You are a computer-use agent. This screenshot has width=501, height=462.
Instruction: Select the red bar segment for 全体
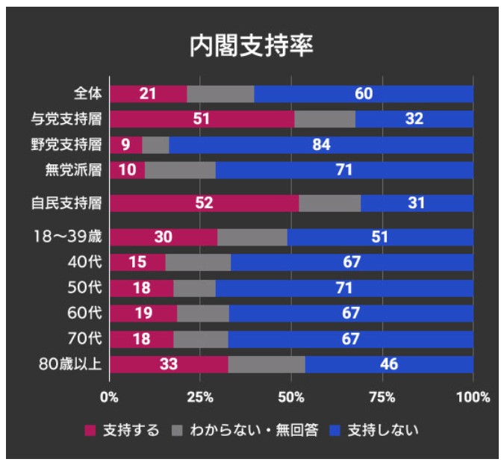[148, 94]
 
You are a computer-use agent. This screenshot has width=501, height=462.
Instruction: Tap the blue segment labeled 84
[321, 145]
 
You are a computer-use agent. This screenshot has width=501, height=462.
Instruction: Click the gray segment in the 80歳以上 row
[267, 365]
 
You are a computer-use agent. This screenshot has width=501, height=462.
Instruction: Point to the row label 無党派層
[72, 170]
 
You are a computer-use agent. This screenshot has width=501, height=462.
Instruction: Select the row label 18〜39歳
[68, 237]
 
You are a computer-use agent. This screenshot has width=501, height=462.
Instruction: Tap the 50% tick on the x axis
[291, 396]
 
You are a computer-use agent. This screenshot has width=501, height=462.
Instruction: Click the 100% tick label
[473, 396]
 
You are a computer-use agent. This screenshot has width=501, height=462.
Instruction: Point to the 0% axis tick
[110, 396]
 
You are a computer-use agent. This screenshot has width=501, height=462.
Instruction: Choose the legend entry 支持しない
[384, 430]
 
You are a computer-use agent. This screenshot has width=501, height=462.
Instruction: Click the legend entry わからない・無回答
[254, 430]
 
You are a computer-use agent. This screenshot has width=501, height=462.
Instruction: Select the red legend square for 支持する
[91, 431]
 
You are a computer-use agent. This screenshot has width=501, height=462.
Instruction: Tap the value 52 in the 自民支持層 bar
[204, 203]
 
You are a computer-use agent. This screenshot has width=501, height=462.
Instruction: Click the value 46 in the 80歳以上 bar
[388, 365]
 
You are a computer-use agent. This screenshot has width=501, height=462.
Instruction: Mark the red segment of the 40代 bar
[137, 263]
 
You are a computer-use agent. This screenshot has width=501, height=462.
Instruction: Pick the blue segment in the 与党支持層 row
[414, 119]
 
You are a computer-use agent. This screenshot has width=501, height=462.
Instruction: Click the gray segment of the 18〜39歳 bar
[252, 237]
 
